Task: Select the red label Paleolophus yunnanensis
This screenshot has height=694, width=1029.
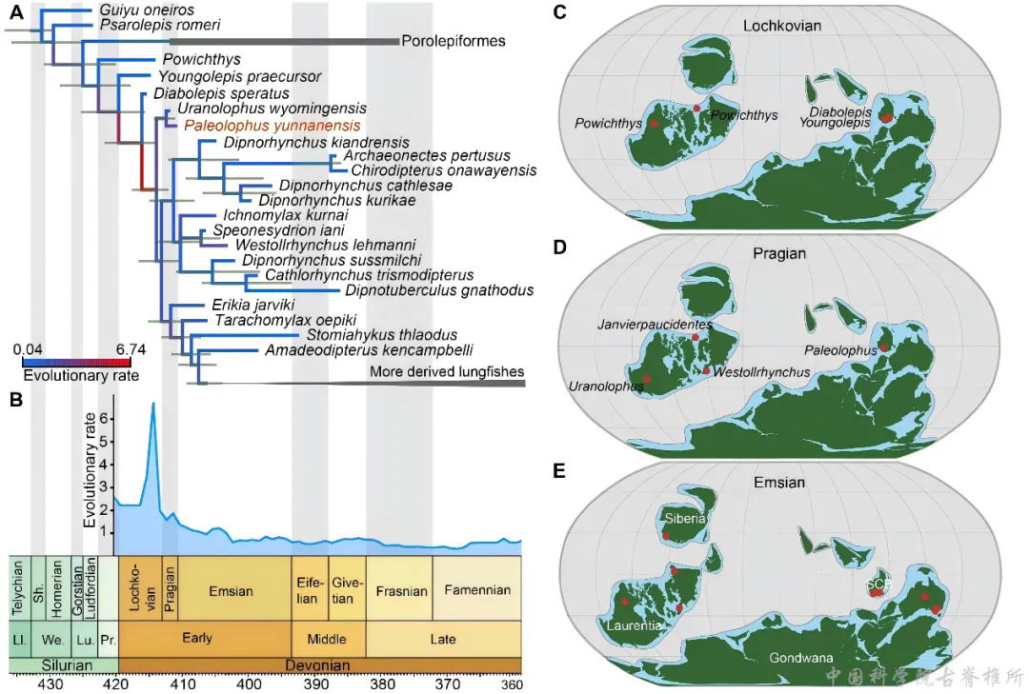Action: point(272,126)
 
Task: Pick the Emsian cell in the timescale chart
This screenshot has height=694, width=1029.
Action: point(232,591)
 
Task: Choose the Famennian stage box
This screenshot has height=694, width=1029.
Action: point(476,590)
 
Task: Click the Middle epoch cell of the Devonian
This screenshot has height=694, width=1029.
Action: point(328,639)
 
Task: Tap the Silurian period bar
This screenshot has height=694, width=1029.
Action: point(62,664)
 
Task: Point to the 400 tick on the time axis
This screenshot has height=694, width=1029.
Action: point(250,684)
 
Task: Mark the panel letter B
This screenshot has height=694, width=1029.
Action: point(14,401)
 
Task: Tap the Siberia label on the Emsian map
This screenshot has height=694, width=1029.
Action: point(685,518)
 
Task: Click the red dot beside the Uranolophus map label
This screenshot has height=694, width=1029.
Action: point(648,379)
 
